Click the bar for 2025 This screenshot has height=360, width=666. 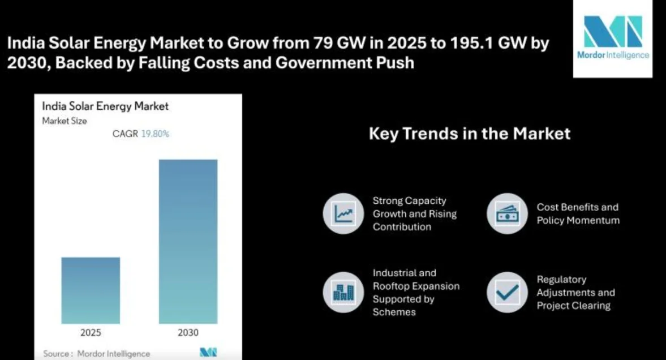(x=91, y=290)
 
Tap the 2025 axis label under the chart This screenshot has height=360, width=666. (x=91, y=332)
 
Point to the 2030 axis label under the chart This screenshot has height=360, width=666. (x=188, y=332)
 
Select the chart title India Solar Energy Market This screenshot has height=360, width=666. (x=105, y=106)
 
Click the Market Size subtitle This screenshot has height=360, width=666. (x=65, y=121)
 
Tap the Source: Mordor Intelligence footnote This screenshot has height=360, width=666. (x=97, y=353)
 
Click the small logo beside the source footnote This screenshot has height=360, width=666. (x=208, y=353)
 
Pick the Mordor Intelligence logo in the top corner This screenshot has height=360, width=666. (x=613, y=38)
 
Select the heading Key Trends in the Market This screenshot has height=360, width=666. (x=469, y=134)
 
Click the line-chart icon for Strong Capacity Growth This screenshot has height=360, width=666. (x=343, y=213)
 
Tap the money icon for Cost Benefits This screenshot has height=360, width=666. (x=507, y=213)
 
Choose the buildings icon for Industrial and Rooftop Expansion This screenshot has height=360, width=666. (x=343, y=292)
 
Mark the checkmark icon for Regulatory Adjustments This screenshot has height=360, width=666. (x=507, y=292)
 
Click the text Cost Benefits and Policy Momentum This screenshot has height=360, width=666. (x=578, y=213)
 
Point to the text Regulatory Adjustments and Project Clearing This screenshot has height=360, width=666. (x=575, y=292)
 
